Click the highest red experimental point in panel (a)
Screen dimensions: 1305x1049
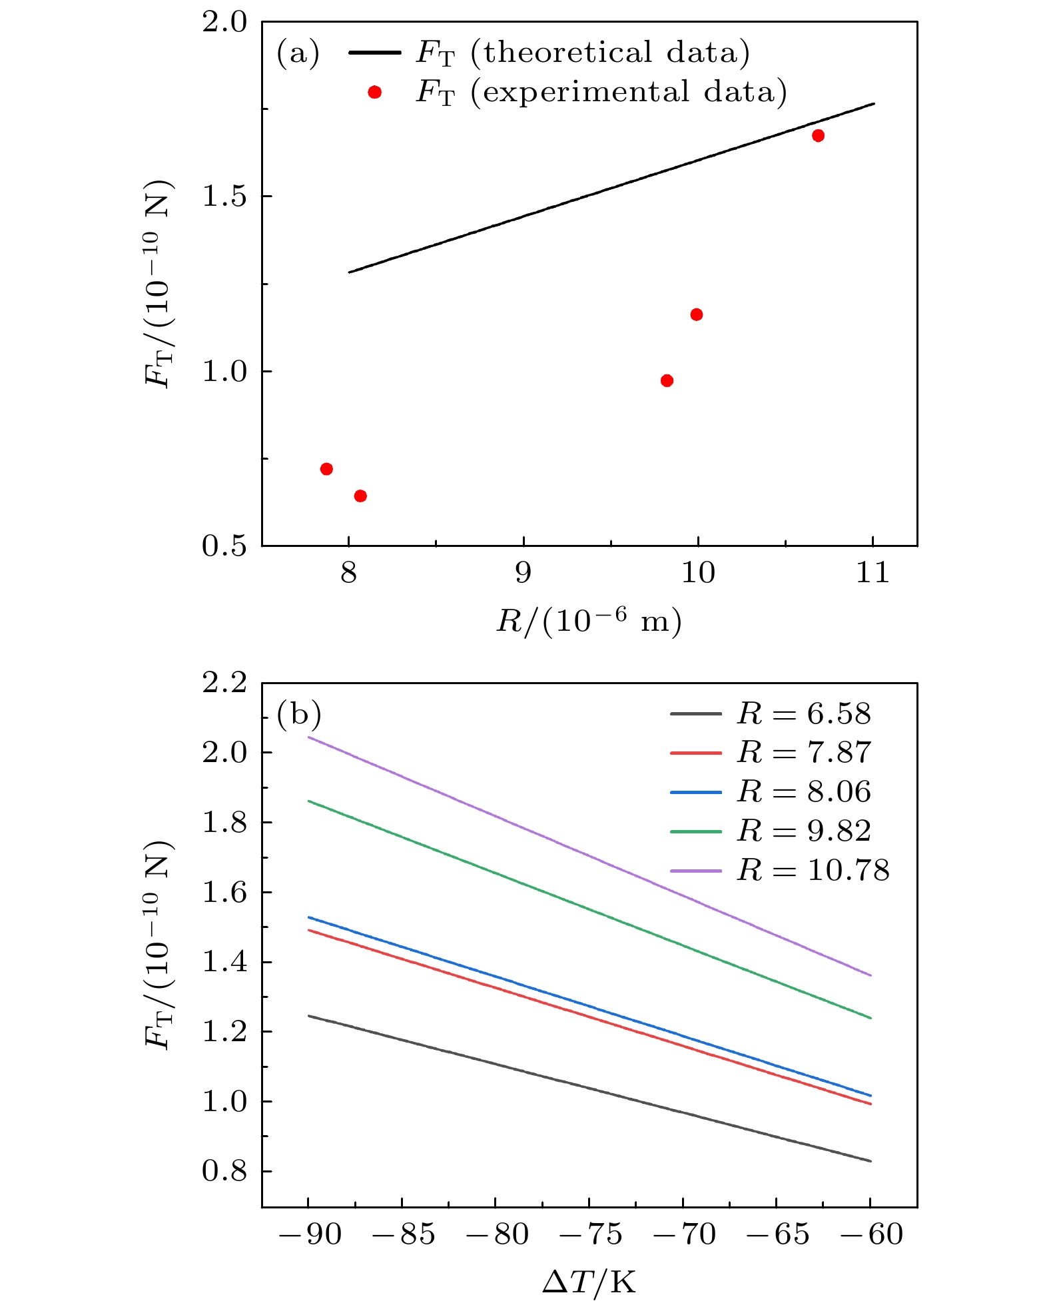coord(818,136)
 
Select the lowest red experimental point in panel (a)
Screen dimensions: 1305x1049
coord(360,496)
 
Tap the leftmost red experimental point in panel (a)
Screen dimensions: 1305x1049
coord(326,469)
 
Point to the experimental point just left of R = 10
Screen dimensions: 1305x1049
coord(667,381)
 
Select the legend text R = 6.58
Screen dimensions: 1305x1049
coord(803,714)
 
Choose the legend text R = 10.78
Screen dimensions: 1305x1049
coord(813,871)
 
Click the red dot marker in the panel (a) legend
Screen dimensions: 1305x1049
coord(375,93)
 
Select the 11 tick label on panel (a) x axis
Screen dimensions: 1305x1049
coord(873,573)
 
